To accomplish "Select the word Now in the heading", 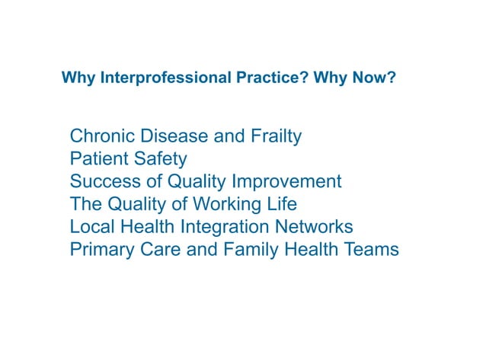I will (377, 78).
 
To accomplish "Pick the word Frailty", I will (276, 137).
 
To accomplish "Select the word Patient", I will (97, 159).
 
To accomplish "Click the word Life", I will (280, 205).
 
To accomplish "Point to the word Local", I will (91, 227).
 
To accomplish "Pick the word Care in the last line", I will (158, 250).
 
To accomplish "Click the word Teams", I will (370, 250).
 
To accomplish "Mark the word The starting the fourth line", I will (85, 205).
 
